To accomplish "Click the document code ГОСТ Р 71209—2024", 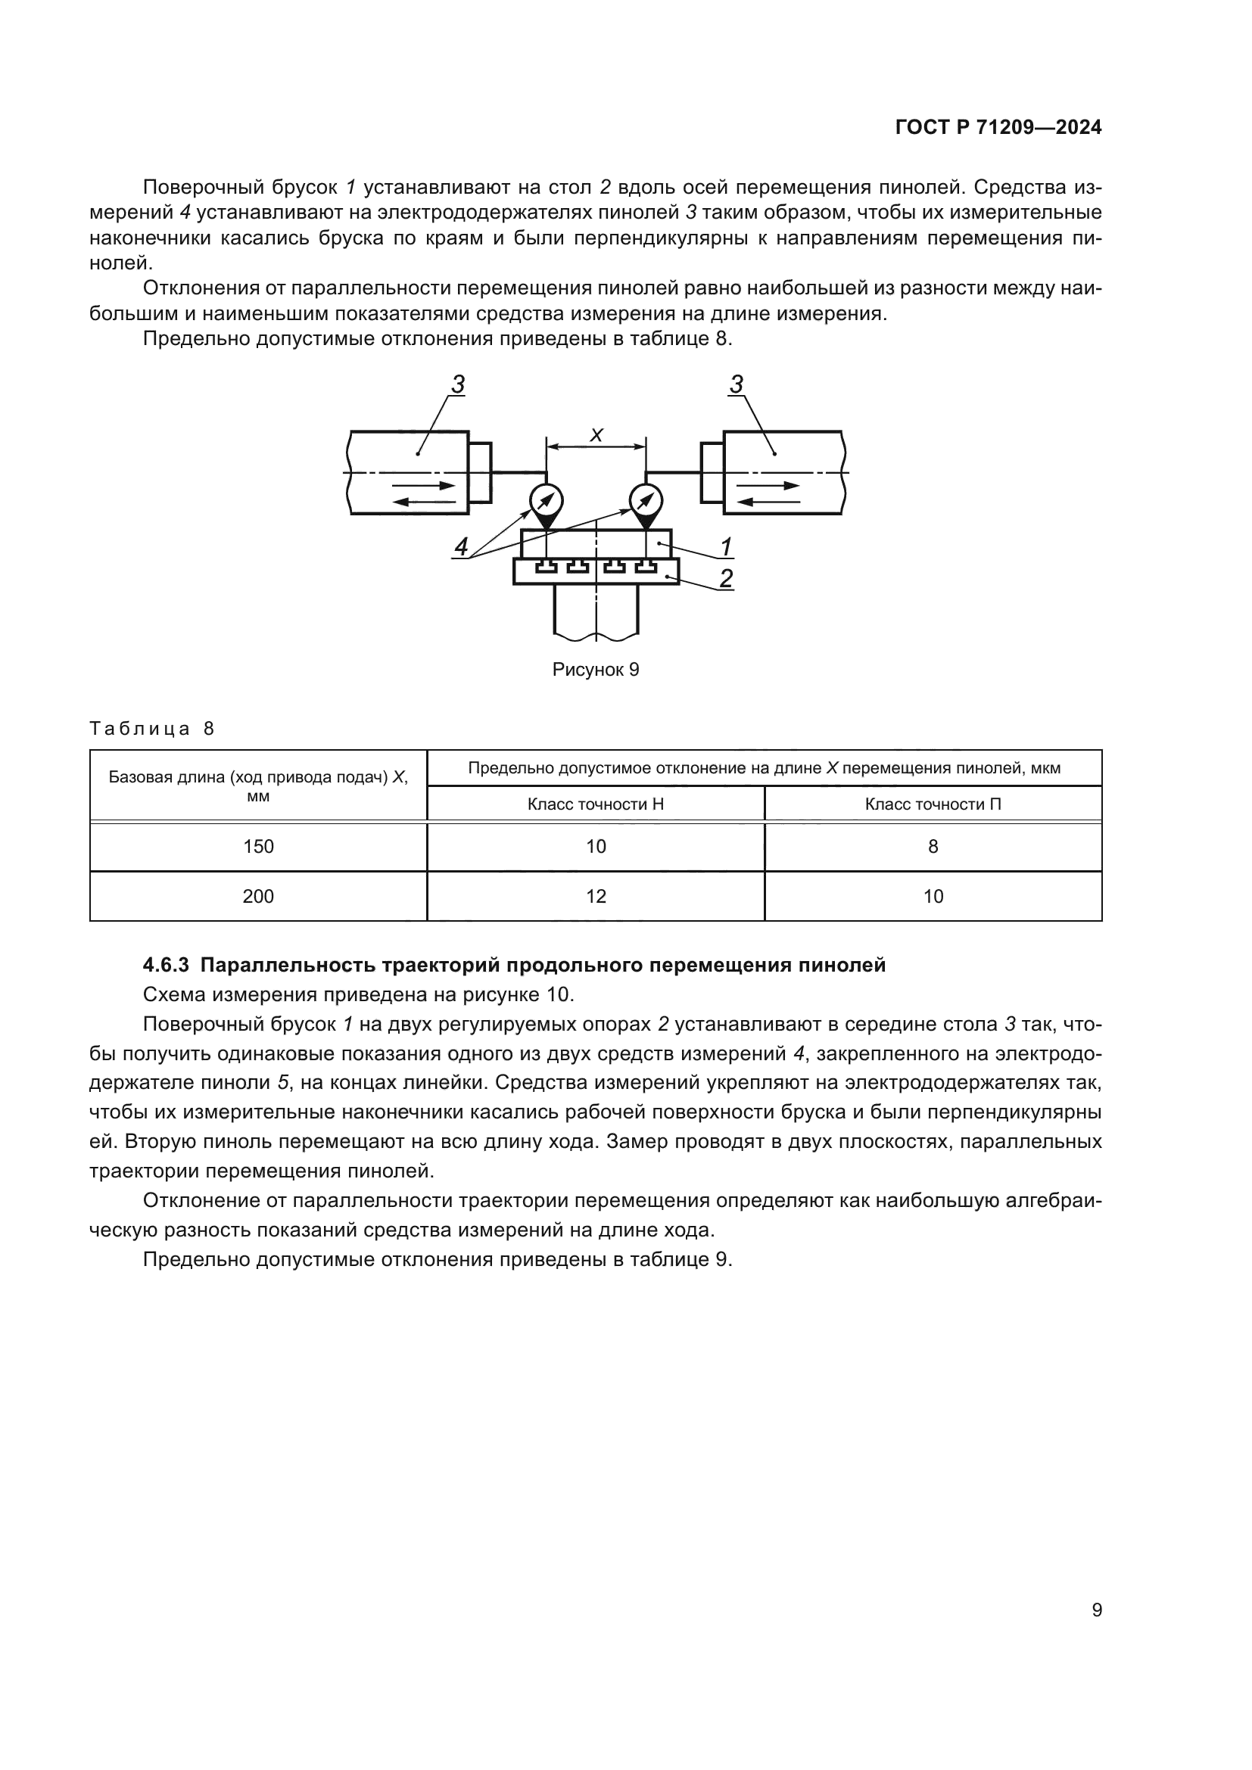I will click(x=998, y=128).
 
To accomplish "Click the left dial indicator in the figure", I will click(x=546, y=501).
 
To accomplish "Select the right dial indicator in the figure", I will click(x=645, y=501).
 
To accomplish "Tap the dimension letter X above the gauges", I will click(x=596, y=436).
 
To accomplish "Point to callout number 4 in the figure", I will click(x=461, y=546).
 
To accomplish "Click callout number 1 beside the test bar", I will click(x=725, y=546).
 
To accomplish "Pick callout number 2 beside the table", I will click(x=725, y=578).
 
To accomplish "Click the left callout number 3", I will click(x=458, y=384).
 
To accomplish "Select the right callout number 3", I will click(x=737, y=384).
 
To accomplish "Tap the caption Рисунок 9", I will click(x=596, y=669).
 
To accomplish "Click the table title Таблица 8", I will click(x=152, y=729).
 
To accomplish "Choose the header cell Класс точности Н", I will click(x=596, y=804).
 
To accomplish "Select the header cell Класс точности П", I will click(x=933, y=804).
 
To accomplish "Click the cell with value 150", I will click(x=258, y=847).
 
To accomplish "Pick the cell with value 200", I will click(x=258, y=896).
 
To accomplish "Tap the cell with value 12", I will click(x=596, y=896).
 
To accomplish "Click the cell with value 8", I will click(x=933, y=847).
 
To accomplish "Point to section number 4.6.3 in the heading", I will click(x=166, y=965).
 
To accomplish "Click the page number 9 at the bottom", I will click(x=1097, y=1610).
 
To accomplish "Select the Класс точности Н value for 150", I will click(x=596, y=847).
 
